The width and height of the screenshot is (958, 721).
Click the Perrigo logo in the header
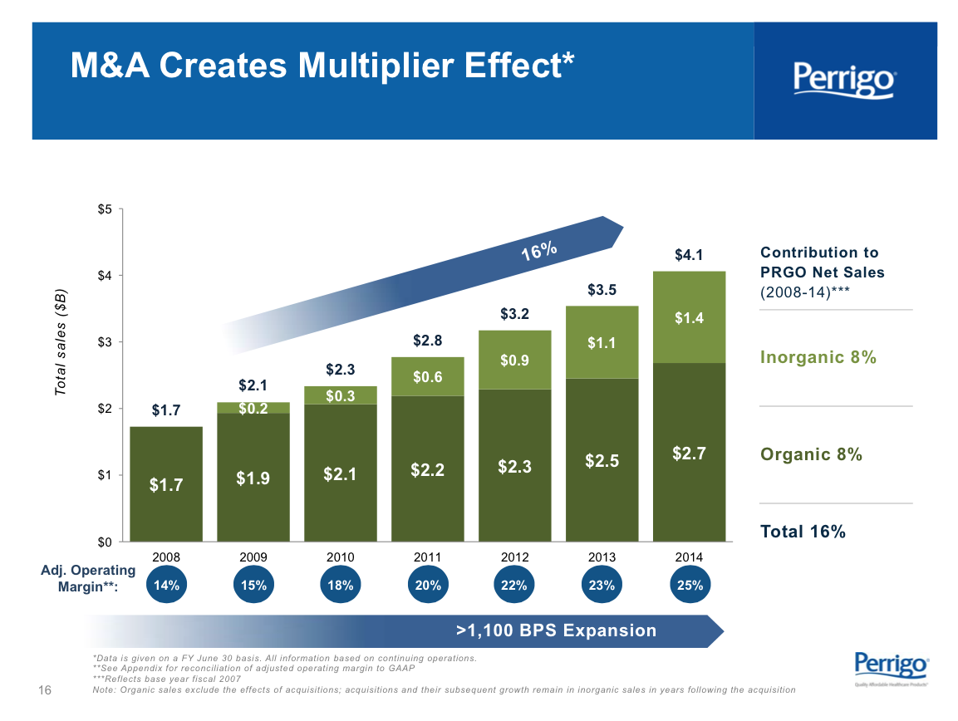(x=844, y=81)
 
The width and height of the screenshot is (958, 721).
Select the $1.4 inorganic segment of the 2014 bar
(x=690, y=317)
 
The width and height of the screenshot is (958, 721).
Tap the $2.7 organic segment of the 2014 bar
(x=690, y=454)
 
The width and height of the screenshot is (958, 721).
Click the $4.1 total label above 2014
(x=689, y=256)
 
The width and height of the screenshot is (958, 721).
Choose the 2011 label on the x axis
(x=427, y=557)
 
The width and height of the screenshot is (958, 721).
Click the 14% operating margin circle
(x=167, y=585)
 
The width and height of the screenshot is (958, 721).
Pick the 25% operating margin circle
(x=690, y=585)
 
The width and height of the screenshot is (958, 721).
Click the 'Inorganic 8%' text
(x=818, y=357)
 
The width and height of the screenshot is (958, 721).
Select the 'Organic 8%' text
(x=810, y=454)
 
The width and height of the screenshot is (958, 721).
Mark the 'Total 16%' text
(x=803, y=532)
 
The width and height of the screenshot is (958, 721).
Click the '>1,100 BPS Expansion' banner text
(x=557, y=630)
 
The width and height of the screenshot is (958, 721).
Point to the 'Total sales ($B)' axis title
(x=61, y=341)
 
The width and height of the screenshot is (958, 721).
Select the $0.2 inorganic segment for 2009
(x=253, y=408)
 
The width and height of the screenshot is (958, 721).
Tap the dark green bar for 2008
(x=166, y=484)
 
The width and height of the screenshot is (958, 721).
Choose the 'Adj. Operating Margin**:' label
(x=88, y=578)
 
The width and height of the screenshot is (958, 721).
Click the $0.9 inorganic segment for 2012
(x=514, y=360)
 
